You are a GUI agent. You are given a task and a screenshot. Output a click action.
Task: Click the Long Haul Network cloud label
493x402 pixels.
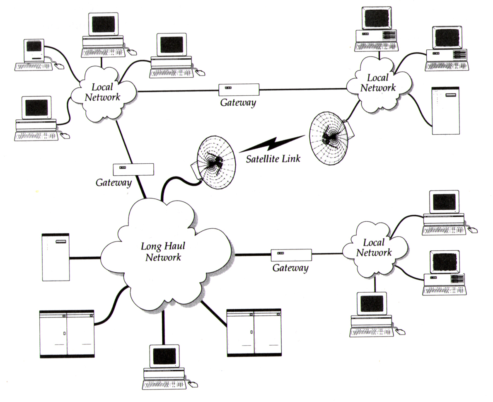pos(162,251)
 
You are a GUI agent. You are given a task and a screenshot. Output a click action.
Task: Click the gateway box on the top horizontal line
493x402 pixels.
pos(239,89)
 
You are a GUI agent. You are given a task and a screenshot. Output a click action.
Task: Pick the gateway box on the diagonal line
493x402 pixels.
pos(133,169)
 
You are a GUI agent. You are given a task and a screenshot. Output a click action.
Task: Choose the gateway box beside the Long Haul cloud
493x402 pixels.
pos(291,254)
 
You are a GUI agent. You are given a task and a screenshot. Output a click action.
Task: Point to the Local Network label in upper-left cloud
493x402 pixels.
pos(102,92)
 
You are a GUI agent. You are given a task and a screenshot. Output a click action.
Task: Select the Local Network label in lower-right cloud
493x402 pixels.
pos(374,247)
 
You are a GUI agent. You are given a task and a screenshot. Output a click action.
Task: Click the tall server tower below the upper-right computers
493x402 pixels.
pos(445,111)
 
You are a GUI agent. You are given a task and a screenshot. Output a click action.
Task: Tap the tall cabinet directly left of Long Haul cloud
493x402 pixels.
pos(56,257)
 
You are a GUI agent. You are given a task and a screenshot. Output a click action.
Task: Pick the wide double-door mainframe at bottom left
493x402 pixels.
pos(67,334)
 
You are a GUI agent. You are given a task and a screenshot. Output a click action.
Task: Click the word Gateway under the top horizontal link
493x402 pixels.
pos(238,102)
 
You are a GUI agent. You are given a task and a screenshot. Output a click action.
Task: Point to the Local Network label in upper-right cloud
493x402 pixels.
pos(377,82)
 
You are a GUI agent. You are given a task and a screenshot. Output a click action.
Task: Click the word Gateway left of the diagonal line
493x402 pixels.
pos(114,182)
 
